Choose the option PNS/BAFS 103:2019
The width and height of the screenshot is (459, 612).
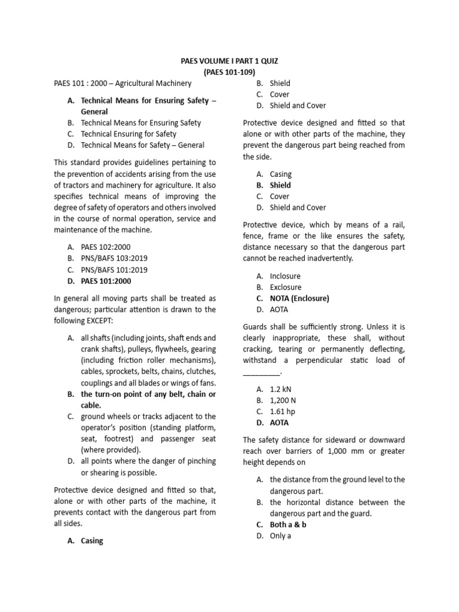(114, 258)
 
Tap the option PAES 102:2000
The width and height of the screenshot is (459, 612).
(106, 246)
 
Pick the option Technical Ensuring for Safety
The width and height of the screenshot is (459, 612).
(128, 134)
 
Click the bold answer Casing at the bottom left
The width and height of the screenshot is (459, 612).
(92, 541)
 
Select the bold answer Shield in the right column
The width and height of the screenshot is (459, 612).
(280, 185)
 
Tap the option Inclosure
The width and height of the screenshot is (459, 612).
(285, 276)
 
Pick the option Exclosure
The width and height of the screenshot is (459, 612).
(285, 287)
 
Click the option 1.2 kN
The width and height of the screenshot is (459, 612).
(280, 388)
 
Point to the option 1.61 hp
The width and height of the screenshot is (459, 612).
(282, 411)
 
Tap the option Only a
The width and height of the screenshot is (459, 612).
(280, 536)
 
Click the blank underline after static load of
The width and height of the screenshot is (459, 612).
(261, 372)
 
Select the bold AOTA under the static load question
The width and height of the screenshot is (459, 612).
(279, 423)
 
